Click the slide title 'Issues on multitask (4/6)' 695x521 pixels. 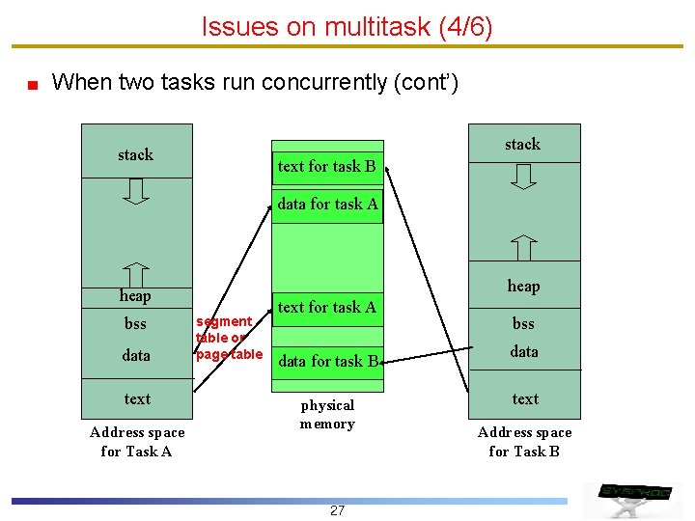347,27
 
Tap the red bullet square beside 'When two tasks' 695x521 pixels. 32,84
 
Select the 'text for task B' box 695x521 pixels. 327,166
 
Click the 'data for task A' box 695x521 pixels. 327,204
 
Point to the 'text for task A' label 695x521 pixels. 326,307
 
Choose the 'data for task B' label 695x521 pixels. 328,362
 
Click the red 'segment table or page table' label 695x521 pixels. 228,337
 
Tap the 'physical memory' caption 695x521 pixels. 327,414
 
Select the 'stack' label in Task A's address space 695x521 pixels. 135,154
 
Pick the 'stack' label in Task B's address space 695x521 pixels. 522,144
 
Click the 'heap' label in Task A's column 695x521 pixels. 135,295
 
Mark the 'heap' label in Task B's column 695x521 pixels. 523,286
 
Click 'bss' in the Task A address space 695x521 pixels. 135,323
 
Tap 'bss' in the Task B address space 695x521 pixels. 523,323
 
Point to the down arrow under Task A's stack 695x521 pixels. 136,191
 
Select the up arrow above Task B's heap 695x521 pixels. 523,247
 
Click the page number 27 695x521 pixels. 337,510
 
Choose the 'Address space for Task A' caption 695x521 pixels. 136,441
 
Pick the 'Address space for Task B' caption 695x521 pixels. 524,441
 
